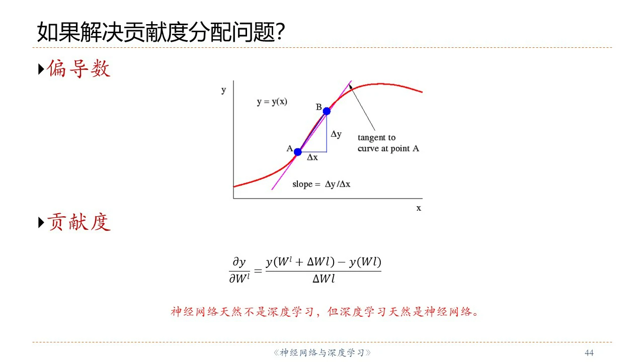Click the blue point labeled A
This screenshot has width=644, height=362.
[x=298, y=152]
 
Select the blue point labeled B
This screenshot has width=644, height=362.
[x=327, y=111]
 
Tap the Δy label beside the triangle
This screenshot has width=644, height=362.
[x=336, y=134]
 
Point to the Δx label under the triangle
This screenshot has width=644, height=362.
[x=312, y=157]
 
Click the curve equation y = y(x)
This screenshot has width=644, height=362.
[x=272, y=102]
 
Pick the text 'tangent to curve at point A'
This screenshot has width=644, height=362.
[x=388, y=143]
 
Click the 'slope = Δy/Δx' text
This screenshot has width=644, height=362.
[x=321, y=184]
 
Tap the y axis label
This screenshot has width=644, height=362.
[x=224, y=90]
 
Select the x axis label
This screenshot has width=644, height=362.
[x=419, y=208]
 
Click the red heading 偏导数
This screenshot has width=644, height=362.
[x=78, y=69]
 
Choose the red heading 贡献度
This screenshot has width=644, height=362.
[x=79, y=222]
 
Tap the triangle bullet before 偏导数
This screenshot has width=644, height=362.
[x=41, y=69]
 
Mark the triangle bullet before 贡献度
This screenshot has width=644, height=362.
[x=41, y=223]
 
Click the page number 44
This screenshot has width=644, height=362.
[x=589, y=352]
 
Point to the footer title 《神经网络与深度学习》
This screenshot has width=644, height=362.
[x=322, y=352]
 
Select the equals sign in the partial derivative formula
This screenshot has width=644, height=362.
[x=258, y=271]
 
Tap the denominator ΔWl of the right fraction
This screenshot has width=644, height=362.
[x=324, y=279]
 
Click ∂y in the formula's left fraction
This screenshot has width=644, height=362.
[x=239, y=262]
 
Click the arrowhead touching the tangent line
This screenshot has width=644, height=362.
[x=351, y=86]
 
